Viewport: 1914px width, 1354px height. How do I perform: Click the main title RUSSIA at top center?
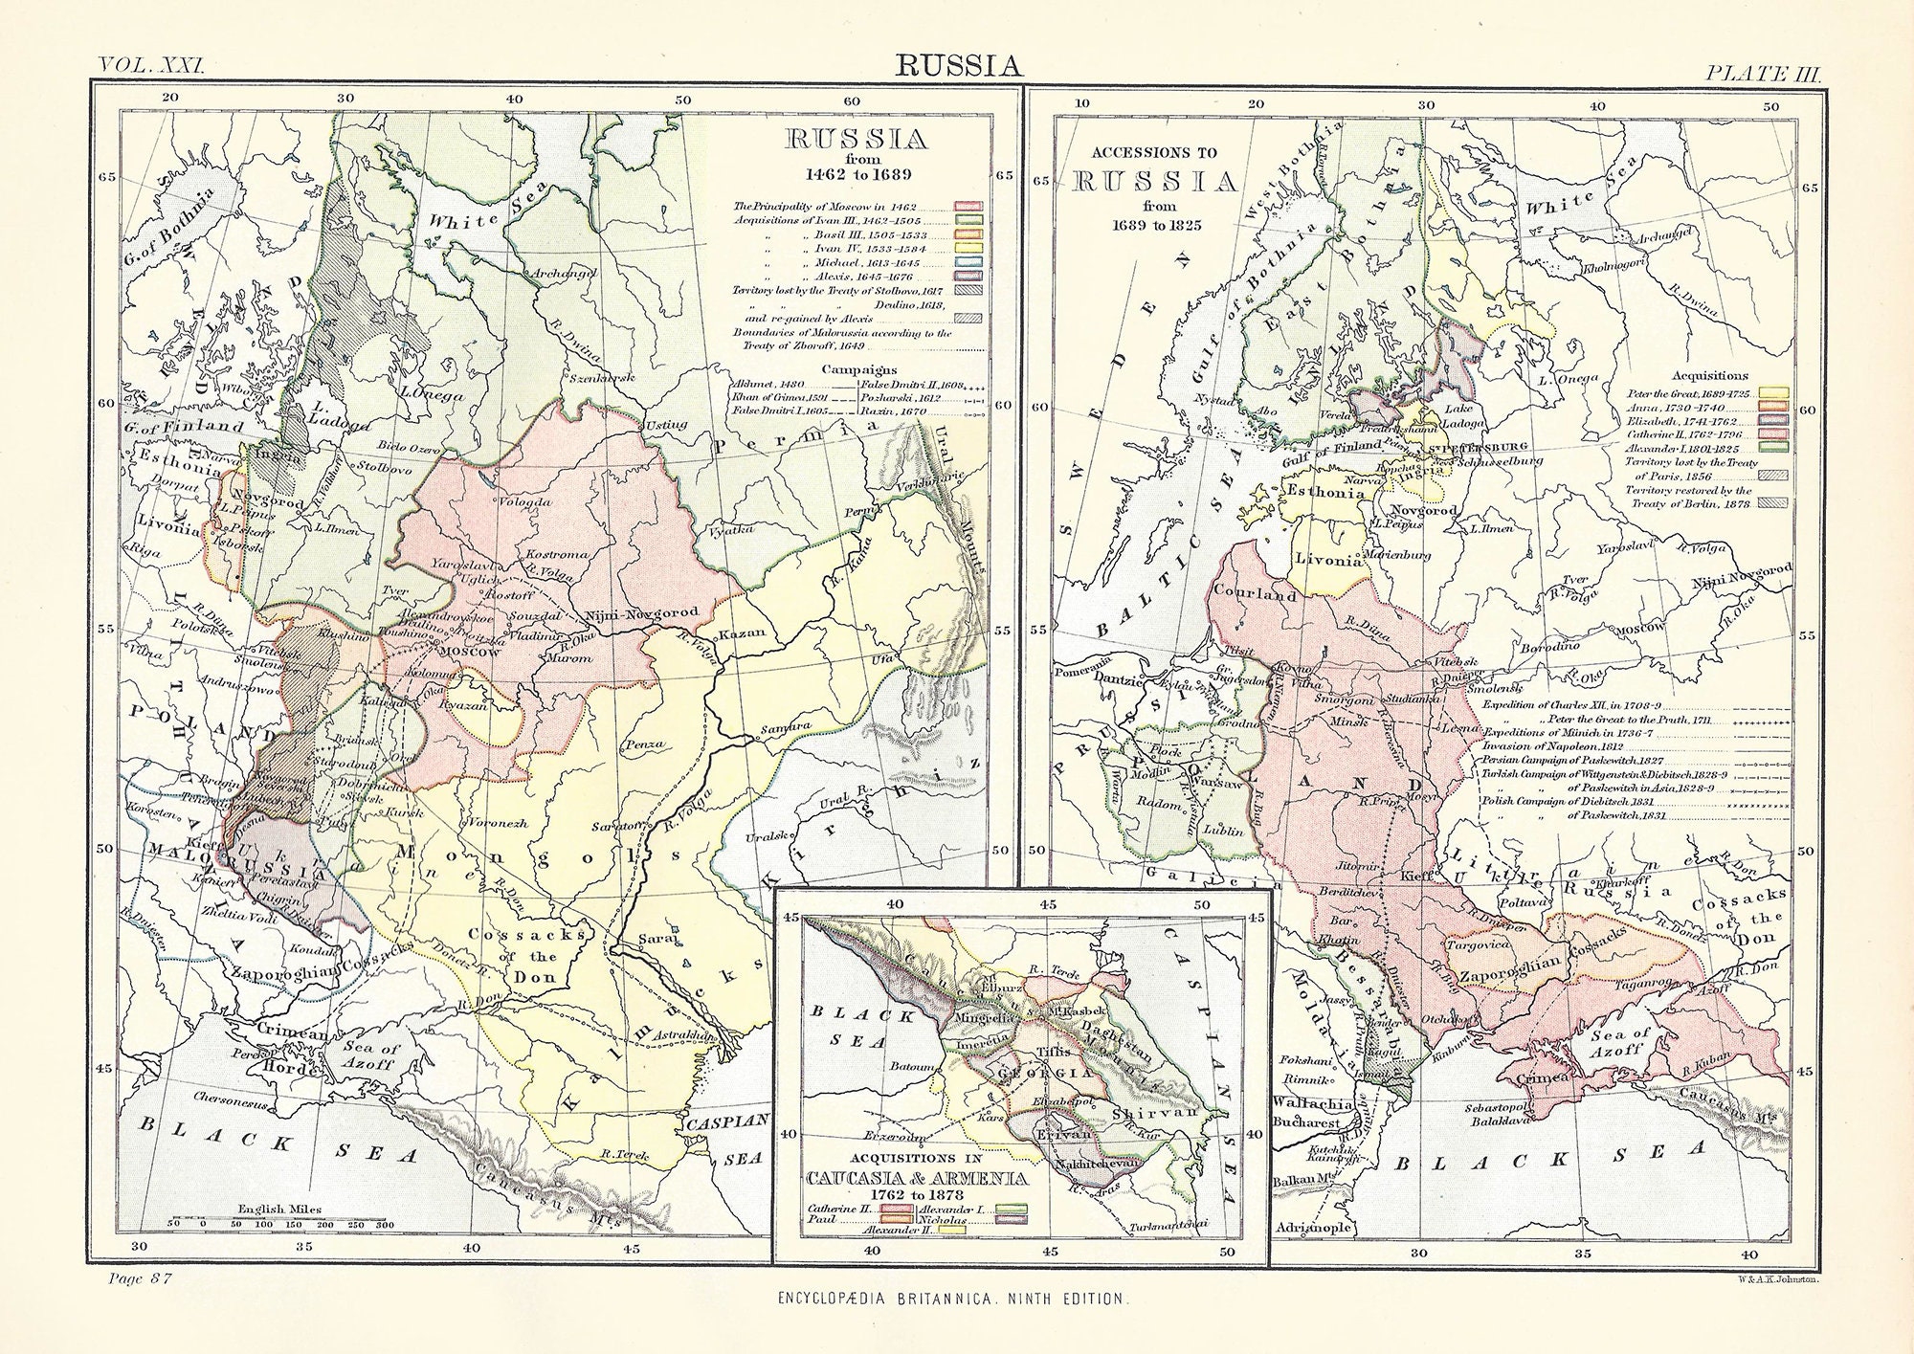958,65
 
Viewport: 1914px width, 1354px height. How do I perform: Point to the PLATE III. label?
1755,71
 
